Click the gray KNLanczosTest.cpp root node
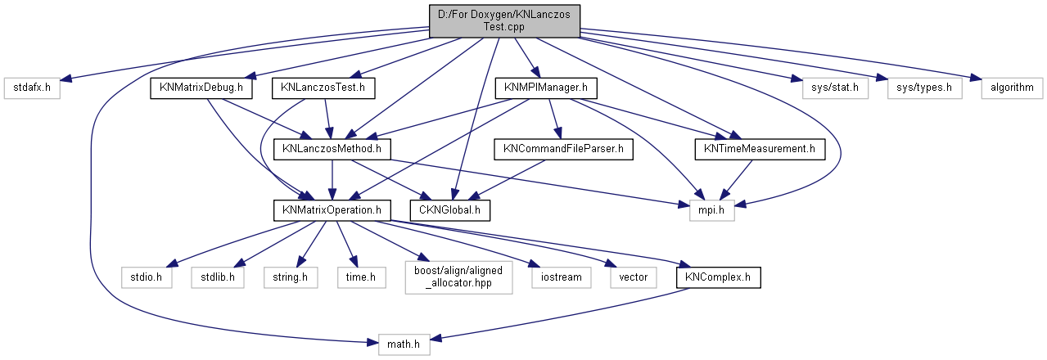tap(503, 20)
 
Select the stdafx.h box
tap(32, 87)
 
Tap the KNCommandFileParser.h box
tap(563, 149)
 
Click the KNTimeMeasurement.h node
tap(759, 149)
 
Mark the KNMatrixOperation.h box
tap(332, 211)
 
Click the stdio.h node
tap(147, 277)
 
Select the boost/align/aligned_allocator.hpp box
tap(458, 277)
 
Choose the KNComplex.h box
tap(718, 277)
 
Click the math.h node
tap(404, 344)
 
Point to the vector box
tap(633, 277)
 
